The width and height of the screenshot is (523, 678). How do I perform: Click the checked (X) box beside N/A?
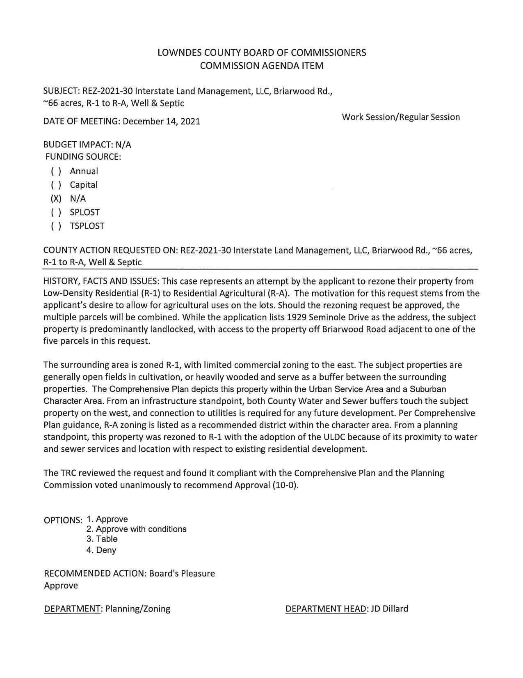point(56,199)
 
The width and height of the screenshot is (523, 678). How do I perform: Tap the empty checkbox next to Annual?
point(56,171)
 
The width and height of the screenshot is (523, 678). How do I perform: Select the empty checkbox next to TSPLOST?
point(56,226)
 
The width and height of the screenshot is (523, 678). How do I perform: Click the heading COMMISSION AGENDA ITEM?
point(262,66)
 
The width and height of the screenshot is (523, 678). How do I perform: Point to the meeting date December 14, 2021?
point(161,122)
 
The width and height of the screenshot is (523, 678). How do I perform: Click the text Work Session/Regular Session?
point(401,117)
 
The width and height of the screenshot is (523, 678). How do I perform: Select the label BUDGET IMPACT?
point(78,145)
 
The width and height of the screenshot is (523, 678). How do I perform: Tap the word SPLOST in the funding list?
point(85,212)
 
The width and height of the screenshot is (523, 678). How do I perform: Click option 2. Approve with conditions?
point(136,529)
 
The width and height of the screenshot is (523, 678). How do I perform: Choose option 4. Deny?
point(101,550)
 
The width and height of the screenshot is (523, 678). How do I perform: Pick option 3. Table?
point(102,539)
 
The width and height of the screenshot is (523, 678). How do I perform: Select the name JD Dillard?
point(389,609)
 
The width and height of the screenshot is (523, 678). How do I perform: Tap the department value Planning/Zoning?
point(137,609)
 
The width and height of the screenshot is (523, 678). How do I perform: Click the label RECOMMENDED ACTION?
point(95,574)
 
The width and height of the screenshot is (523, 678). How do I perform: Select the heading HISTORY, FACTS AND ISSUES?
point(101,282)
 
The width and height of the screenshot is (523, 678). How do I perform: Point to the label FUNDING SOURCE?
point(83,157)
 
